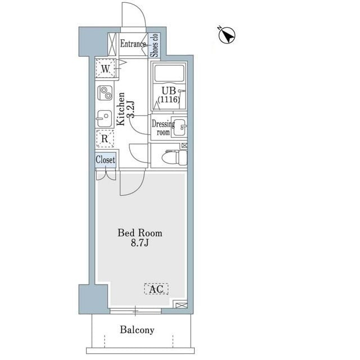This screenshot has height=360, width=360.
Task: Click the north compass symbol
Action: click(x=227, y=35)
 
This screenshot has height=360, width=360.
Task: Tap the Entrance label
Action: click(x=133, y=44)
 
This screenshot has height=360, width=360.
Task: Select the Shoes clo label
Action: click(x=154, y=45)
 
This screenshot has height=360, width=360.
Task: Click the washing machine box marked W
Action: click(x=105, y=68)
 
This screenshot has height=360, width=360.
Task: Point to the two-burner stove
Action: click(x=105, y=93)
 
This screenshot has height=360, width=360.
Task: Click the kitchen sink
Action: click(x=105, y=119)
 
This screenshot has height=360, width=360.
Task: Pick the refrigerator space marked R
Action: click(x=105, y=138)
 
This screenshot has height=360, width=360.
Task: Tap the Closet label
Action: click(x=105, y=160)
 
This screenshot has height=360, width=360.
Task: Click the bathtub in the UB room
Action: click(x=169, y=73)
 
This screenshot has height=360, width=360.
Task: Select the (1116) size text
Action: click(x=169, y=100)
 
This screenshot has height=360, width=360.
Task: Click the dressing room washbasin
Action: click(x=180, y=128)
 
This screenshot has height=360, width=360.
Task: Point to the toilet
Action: click(x=174, y=157)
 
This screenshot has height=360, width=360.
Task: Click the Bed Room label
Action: click(x=140, y=233)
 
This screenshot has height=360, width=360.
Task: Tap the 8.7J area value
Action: click(x=139, y=243)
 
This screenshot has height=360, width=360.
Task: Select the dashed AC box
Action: click(x=156, y=289)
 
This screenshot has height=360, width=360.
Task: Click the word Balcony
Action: click(x=137, y=330)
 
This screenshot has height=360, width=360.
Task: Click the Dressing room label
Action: click(x=163, y=128)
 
